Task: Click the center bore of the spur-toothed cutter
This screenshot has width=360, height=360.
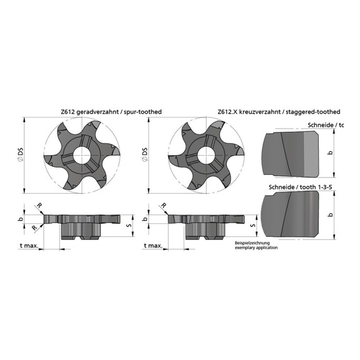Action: click(x=82, y=156)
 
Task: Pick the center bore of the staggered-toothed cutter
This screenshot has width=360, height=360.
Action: click(x=204, y=156)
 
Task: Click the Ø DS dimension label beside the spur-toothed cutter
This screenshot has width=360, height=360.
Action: click(x=22, y=156)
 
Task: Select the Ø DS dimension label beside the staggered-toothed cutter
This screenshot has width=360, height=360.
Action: click(x=146, y=156)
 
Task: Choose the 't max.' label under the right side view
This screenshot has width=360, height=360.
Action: click(x=152, y=246)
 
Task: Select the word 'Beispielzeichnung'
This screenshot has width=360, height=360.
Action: click(x=249, y=242)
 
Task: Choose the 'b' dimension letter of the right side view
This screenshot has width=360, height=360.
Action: click(x=146, y=219)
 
